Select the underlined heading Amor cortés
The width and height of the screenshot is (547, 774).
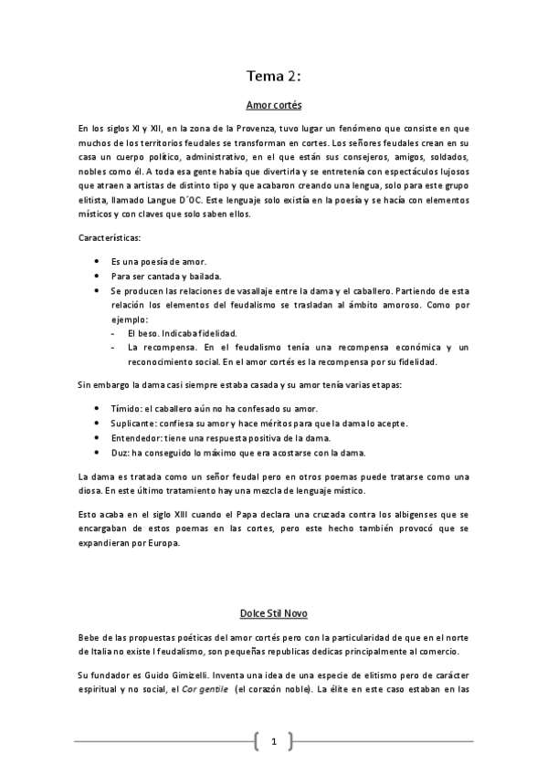[x=274, y=105]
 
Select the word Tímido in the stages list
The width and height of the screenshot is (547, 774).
[x=128, y=407]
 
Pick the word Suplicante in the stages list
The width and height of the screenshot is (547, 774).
[x=135, y=423]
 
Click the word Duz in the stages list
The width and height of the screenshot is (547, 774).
[x=120, y=454]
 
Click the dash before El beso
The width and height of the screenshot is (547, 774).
[x=112, y=333]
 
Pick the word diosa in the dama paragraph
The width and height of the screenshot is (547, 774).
[x=93, y=492]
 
